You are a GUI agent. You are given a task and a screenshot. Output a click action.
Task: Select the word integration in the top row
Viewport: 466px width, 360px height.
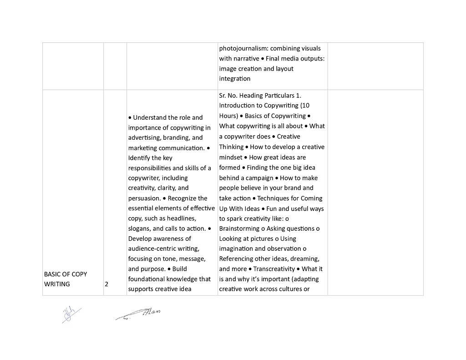click(235, 79)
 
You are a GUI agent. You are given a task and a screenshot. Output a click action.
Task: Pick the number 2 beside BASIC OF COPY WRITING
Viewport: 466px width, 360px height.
click(106, 284)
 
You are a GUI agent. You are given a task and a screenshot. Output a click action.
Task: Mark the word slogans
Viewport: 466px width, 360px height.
click(140, 228)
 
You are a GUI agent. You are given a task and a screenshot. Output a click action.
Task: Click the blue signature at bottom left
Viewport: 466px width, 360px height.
click(71, 314)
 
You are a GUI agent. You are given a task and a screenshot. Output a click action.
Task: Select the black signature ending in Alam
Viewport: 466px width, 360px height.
click(139, 314)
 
